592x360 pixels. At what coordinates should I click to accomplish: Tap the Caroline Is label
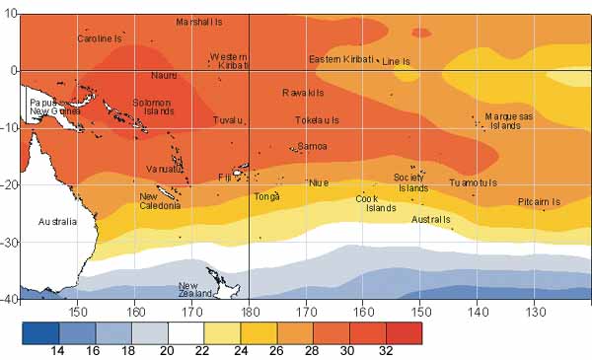click(x=100, y=38)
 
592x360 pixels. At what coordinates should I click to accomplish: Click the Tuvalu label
click(x=228, y=120)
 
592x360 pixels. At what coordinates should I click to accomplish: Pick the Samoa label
click(x=312, y=146)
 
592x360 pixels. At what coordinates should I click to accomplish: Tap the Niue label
click(x=319, y=182)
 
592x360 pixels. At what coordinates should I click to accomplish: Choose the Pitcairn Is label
click(x=539, y=202)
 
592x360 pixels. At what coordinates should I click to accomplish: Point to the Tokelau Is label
click(x=317, y=120)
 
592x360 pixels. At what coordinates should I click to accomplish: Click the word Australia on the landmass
click(x=57, y=222)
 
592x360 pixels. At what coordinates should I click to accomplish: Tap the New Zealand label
click(x=195, y=290)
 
